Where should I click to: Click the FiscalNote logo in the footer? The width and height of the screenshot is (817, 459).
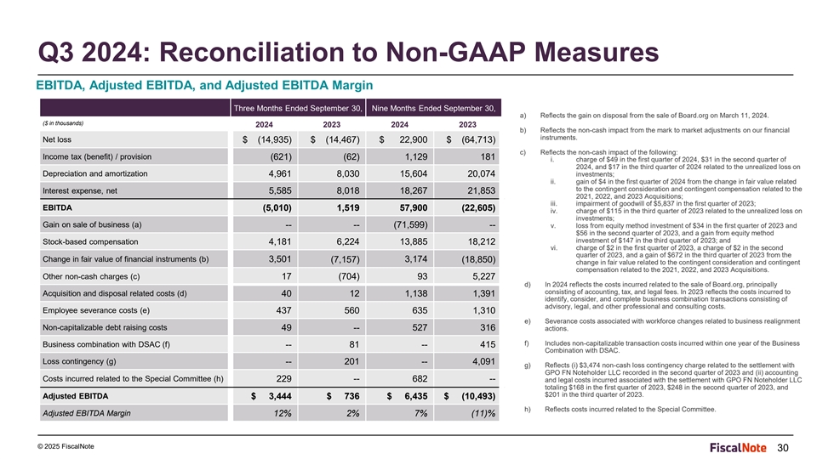(737, 448)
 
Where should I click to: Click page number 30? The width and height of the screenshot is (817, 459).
(783, 448)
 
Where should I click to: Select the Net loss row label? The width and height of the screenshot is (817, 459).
(57, 139)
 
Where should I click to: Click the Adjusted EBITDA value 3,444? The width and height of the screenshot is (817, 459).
(280, 396)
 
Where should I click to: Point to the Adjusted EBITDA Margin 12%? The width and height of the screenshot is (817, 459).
(283, 413)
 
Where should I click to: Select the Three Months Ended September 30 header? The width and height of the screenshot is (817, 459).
(298, 108)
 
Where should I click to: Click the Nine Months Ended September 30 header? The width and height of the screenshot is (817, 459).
(433, 108)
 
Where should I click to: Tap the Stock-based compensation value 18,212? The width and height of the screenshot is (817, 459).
(482, 242)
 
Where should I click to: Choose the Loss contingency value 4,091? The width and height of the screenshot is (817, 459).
(484, 362)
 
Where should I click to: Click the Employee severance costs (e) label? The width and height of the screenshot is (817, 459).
(96, 311)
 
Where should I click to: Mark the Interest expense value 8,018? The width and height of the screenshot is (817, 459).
(348, 191)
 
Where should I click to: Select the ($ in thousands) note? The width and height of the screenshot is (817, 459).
(63, 123)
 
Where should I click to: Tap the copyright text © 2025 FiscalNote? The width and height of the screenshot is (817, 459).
(66, 446)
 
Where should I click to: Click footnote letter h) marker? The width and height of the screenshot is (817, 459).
(528, 410)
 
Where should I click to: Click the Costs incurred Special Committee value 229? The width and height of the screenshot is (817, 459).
(283, 379)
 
